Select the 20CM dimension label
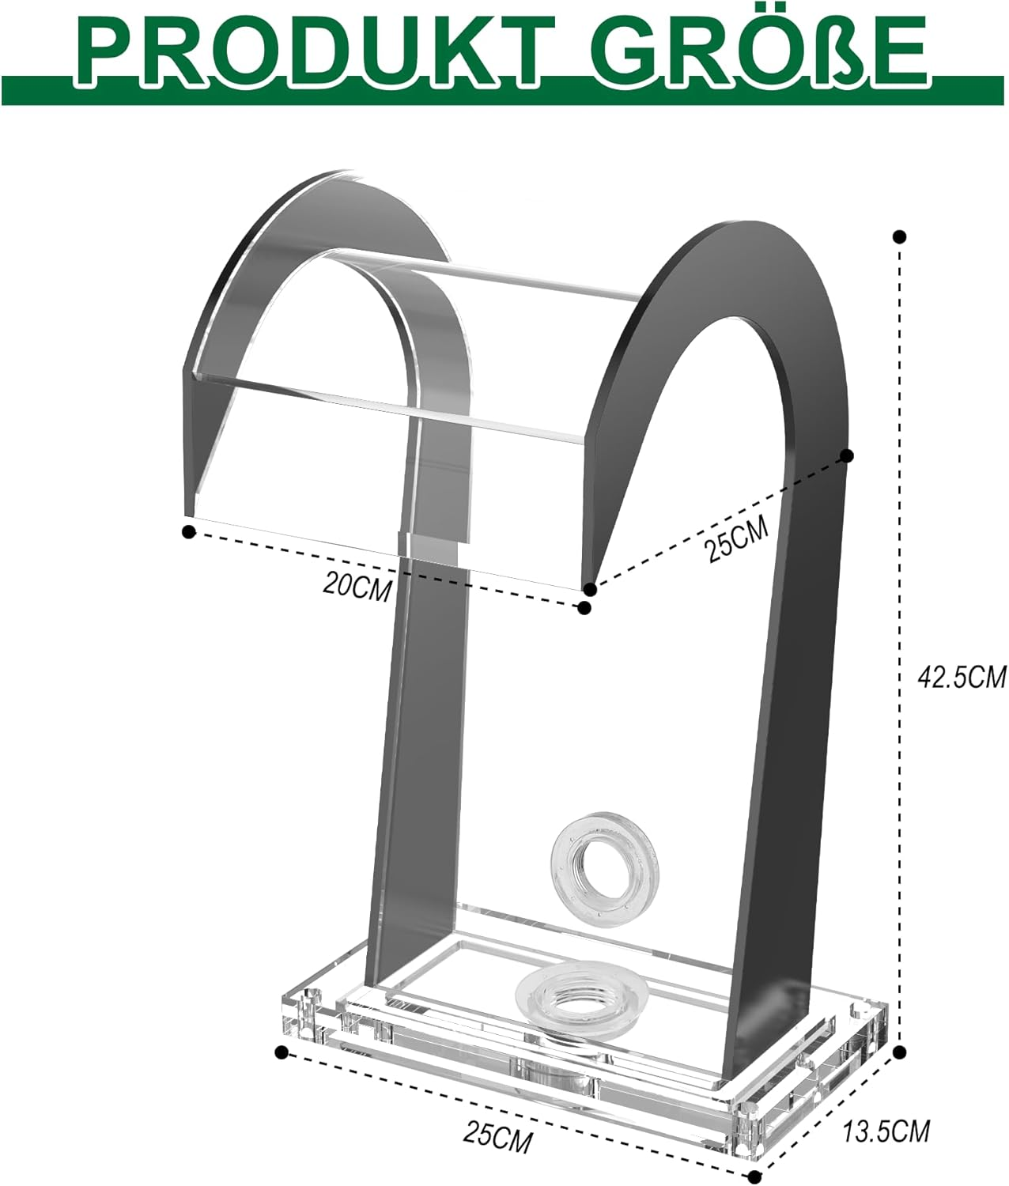pos(357,586)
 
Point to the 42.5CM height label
pos(960,677)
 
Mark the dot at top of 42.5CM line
pos(899,236)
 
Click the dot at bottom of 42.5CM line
pos(899,1051)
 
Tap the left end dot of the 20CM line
pos(188,532)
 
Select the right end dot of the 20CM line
pos(584,607)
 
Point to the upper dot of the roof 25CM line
pos(847,455)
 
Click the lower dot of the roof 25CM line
pos(589,589)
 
